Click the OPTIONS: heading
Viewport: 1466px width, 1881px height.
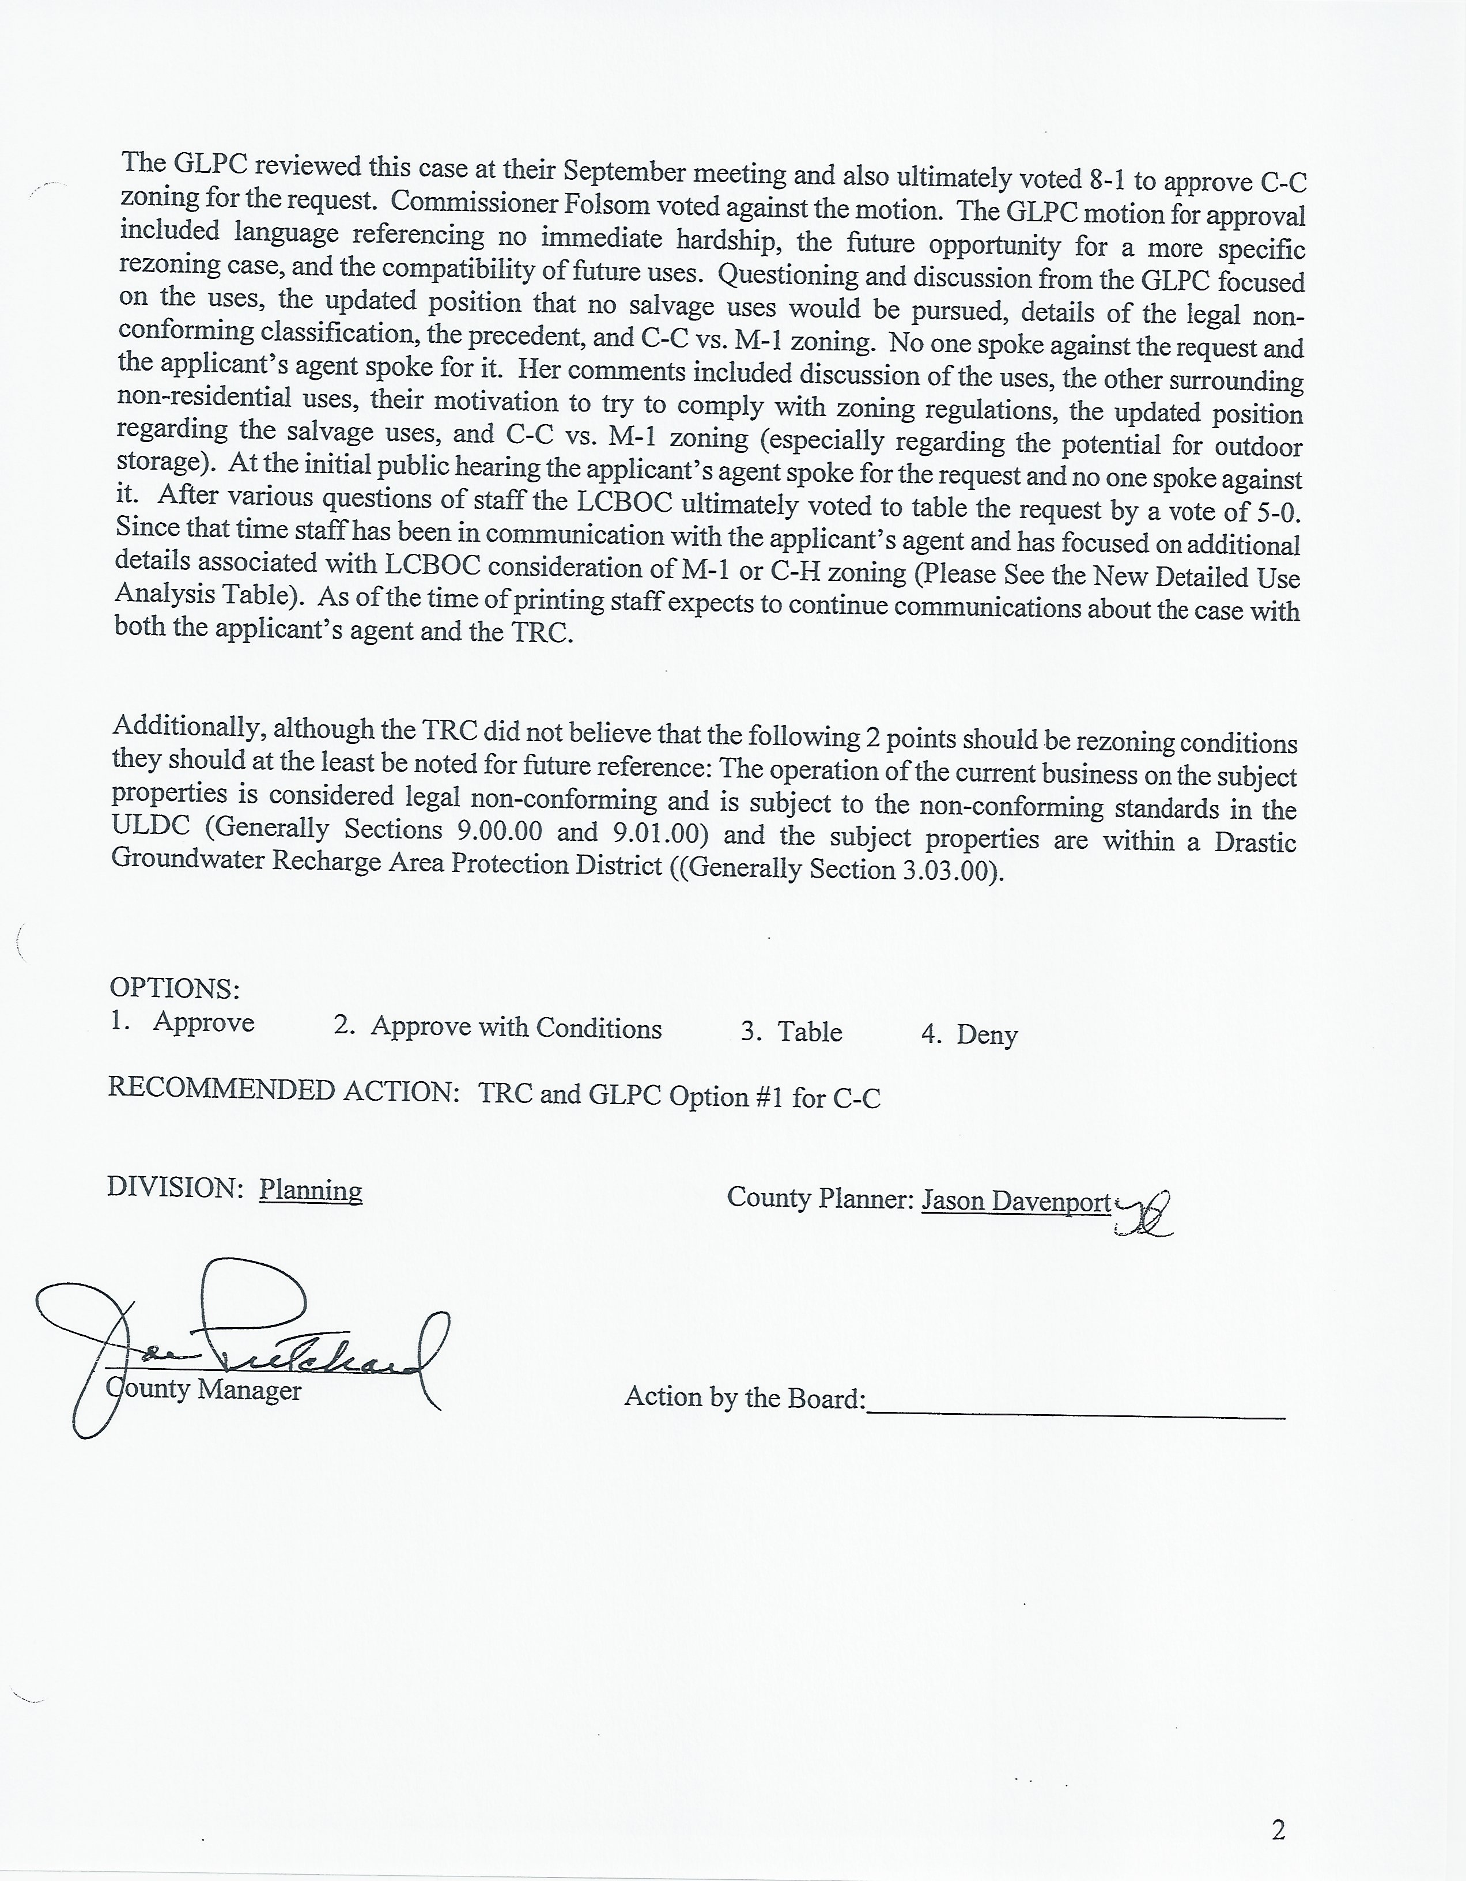[174, 988]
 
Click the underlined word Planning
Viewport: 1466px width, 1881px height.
[310, 1190]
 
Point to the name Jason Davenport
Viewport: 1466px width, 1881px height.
[1017, 1200]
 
